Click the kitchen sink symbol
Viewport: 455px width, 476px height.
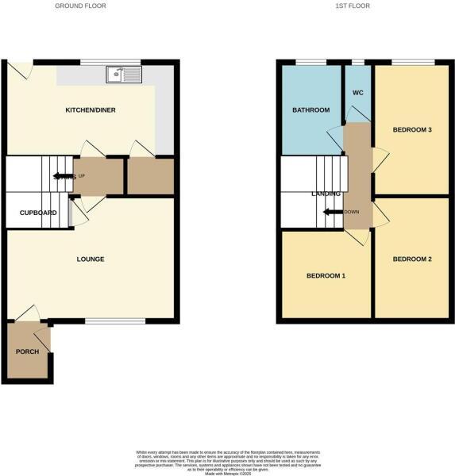[x=123, y=75]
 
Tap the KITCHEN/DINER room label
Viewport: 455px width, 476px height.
[x=91, y=109]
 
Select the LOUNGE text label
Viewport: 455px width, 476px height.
[x=91, y=259]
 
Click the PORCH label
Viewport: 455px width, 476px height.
[x=27, y=351]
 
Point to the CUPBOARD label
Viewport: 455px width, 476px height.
[x=37, y=213]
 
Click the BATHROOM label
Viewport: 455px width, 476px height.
[x=310, y=109]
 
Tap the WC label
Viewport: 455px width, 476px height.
[x=357, y=91]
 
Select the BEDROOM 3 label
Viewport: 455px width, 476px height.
[x=412, y=129]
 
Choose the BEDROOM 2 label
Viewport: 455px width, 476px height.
[x=412, y=259]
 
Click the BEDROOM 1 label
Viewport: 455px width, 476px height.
[x=326, y=275]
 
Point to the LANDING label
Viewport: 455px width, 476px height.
[x=326, y=193]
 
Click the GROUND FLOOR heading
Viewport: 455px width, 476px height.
[x=80, y=6]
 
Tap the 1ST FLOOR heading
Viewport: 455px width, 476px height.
[x=353, y=6]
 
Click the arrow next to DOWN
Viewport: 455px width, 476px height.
[x=328, y=212]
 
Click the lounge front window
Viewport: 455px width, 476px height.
[x=115, y=321]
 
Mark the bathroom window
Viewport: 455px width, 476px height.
[x=310, y=62]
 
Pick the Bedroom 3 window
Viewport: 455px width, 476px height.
[x=413, y=62]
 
